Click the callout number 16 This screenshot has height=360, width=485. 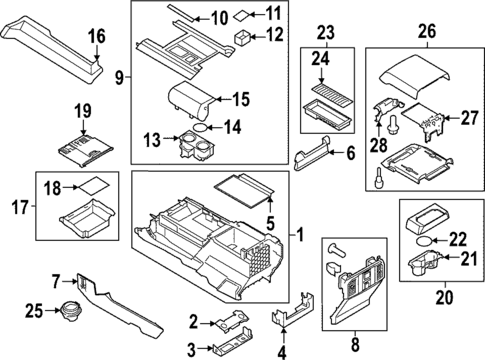pos(96,37)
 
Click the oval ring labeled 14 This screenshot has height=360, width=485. pos(202,128)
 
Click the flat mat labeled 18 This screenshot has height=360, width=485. pos(95,185)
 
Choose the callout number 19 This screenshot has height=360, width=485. pos(83,109)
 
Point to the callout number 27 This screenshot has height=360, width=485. pos(465,117)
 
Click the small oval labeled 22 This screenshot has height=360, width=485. pos(425,241)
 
